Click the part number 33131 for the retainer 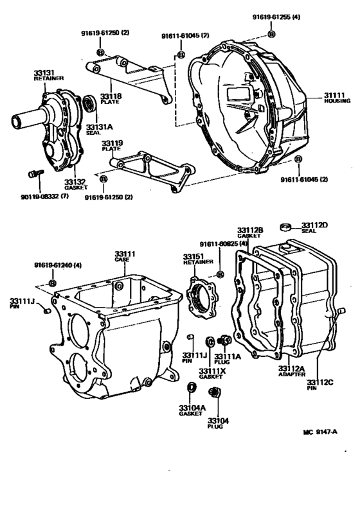point(42,74)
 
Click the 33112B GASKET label point(249,232)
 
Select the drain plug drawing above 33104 point(217,392)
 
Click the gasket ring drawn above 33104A point(191,387)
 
